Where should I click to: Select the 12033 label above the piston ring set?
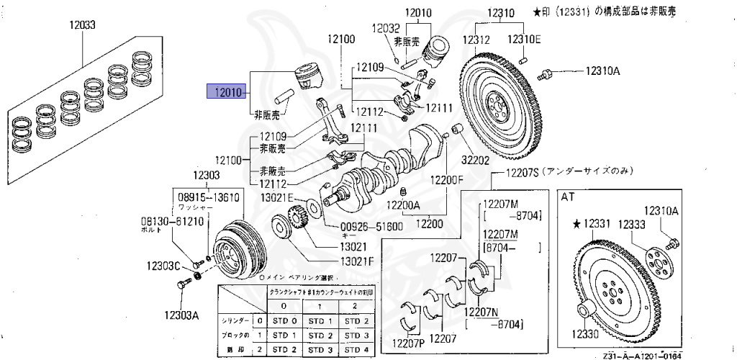83,25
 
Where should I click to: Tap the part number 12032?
386,28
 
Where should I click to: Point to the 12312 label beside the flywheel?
476,38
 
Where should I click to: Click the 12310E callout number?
525,38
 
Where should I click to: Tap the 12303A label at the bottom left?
181,314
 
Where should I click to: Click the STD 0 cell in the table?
286,320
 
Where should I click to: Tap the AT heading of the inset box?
569,196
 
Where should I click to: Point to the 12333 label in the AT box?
631,224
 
